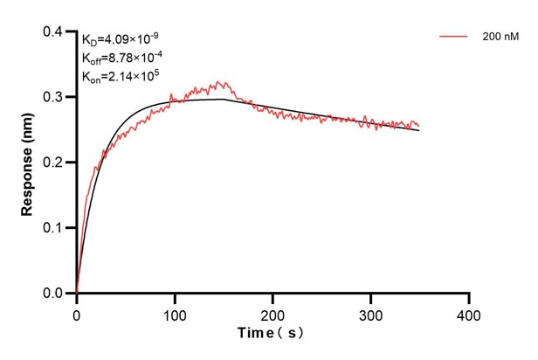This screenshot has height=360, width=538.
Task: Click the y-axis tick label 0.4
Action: tap(54, 32)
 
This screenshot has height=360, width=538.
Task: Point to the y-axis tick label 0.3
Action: tap(54, 97)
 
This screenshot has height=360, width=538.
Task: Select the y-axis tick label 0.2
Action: tap(54, 163)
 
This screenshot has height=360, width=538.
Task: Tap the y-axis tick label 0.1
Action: tap(54, 228)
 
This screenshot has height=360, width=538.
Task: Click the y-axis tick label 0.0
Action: tap(54, 294)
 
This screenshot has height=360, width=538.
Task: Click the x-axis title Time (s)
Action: tap(272, 334)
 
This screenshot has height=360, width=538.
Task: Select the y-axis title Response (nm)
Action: tap(28, 162)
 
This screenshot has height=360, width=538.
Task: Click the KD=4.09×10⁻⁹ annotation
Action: tap(121, 39)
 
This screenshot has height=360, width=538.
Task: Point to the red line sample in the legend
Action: tap(453, 37)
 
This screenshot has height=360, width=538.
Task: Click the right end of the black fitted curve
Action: tap(419, 130)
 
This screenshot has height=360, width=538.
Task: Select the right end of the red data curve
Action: tap(419, 126)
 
